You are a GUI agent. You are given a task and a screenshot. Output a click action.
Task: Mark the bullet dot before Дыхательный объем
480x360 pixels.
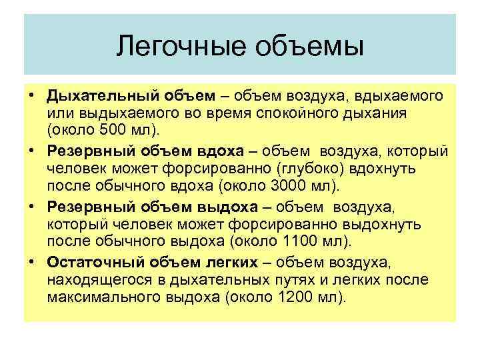(x=32, y=97)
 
